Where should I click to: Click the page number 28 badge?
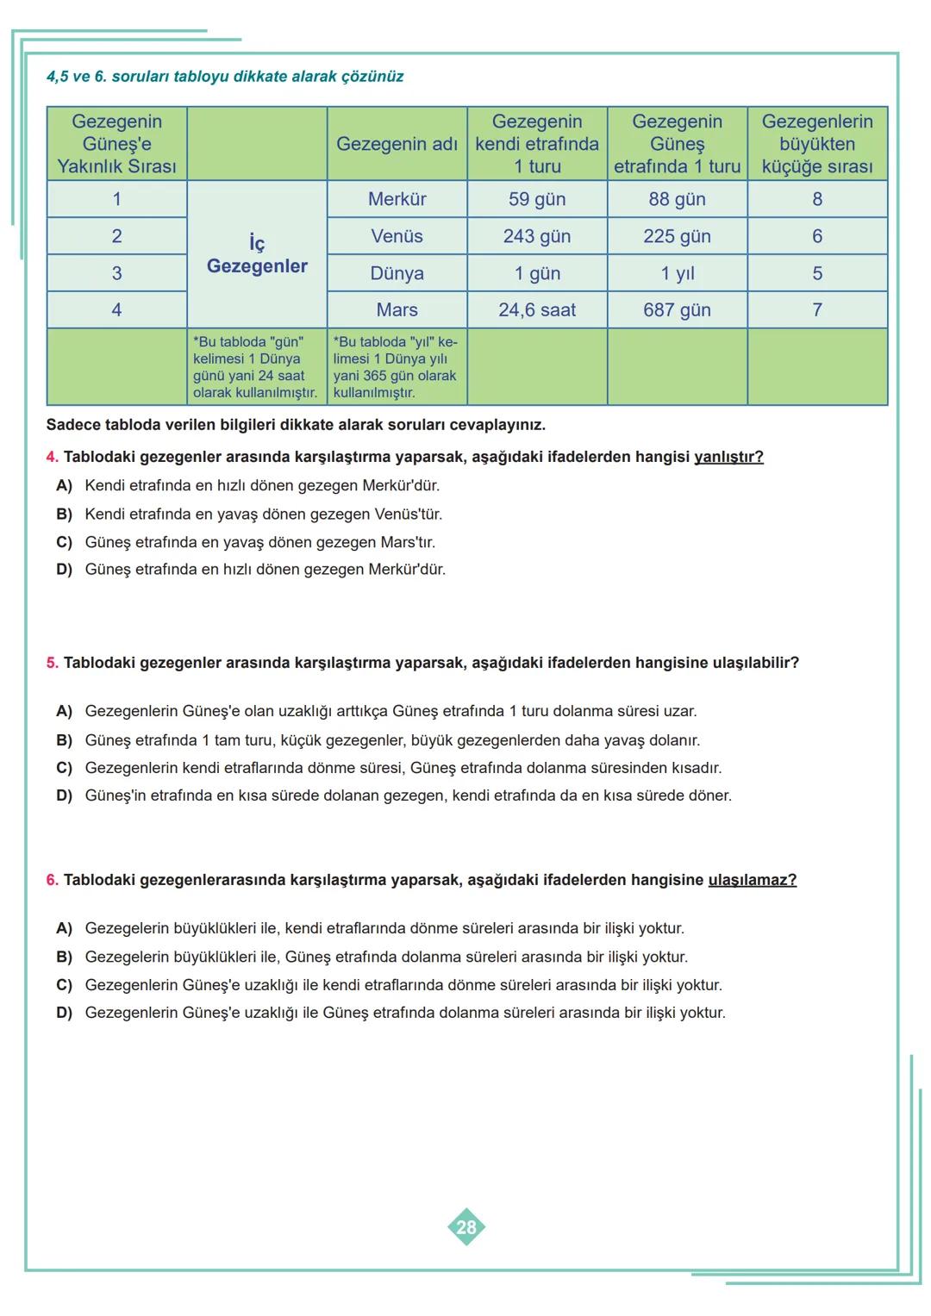click(466, 1227)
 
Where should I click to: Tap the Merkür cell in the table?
click(397, 199)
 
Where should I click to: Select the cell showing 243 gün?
click(537, 236)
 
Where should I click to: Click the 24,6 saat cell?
click(537, 310)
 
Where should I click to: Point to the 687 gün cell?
click(677, 310)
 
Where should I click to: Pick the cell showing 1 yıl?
click(677, 273)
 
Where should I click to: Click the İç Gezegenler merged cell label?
click(257, 255)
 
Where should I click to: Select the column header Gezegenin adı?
click(397, 144)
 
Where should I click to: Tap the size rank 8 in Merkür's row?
click(817, 199)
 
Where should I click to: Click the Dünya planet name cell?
click(397, 273)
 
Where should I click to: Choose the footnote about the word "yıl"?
click(396, 367)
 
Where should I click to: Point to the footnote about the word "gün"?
click(255, 367)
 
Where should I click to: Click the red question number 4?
click(53, 457)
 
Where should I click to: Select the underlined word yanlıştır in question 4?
click(728, 457)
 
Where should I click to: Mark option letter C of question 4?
click(64, 543)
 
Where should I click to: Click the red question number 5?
click(53, 664)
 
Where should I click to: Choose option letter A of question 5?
click(64, 712)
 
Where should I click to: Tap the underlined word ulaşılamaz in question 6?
click(752, 880)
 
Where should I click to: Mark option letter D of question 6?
click(64, 1013)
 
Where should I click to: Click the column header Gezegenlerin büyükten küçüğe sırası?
click(817, 144)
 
